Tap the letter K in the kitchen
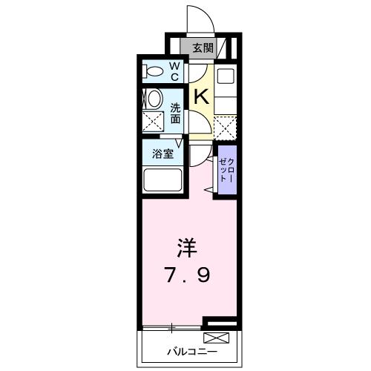[x=200, y=96]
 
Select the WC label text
[x=174, y=72]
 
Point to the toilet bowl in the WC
[x=154, y=72]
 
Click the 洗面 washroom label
[x=176, y=111]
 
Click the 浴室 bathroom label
[x=163, y=154]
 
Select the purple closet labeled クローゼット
[x=226, y=172]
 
